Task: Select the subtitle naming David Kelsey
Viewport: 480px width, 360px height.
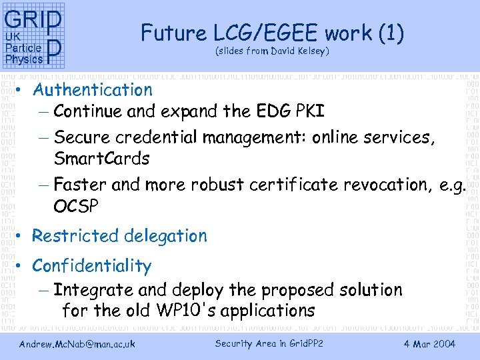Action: pos(272,51)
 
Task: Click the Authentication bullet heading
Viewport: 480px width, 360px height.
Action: pos(92,89)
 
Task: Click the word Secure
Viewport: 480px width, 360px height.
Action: pos(81,137)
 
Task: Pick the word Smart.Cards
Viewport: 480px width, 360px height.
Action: pos(101,159)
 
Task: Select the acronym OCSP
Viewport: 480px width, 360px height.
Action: pos(76,206)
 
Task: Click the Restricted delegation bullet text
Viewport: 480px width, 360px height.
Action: pos(119,235)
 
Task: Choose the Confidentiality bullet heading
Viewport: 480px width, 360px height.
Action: pos(91,265)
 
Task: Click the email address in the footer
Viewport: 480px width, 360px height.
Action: pos(77,344)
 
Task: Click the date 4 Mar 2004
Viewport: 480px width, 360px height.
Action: pos(430,344)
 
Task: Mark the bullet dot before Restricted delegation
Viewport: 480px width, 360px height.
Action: pos(23,237)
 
